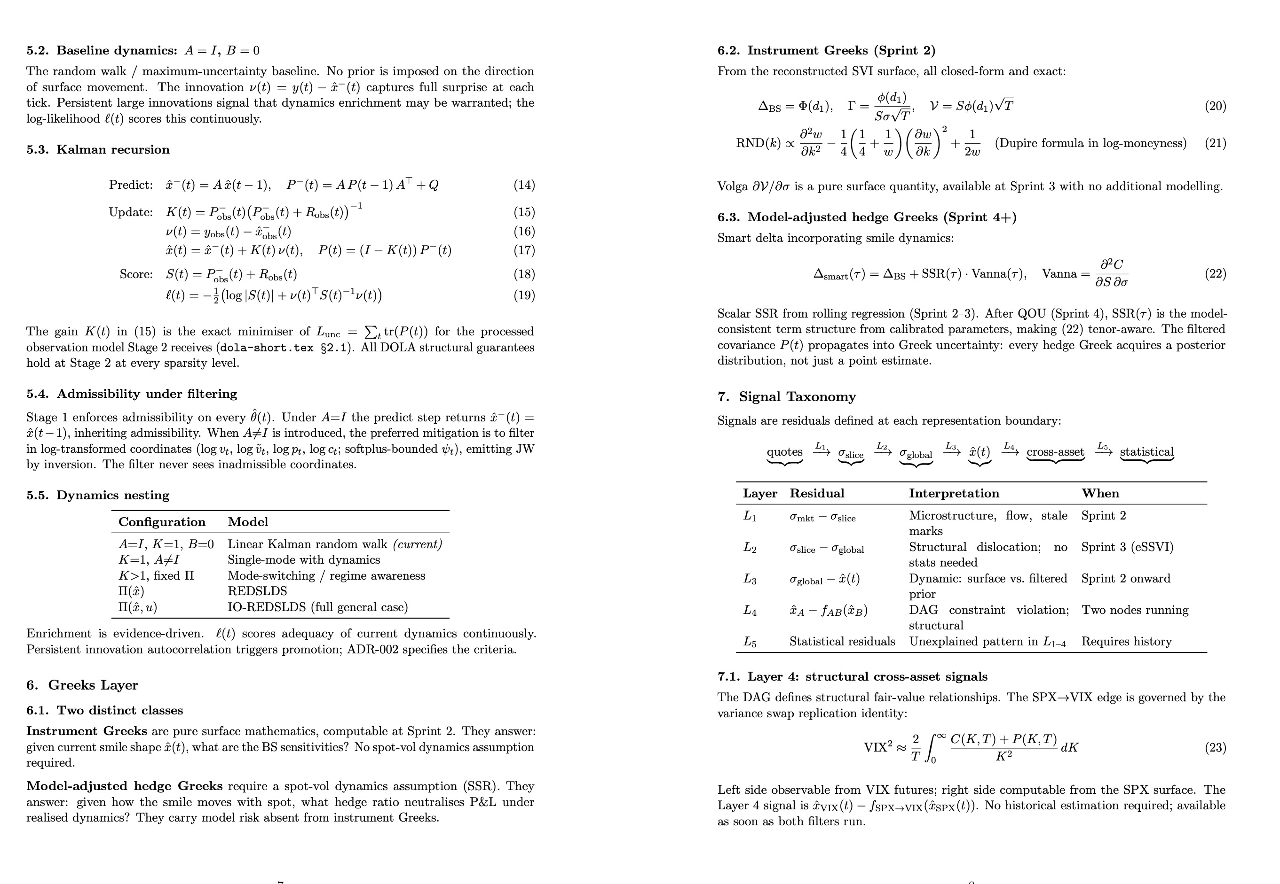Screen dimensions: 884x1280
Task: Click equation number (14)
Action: tap(524, 185)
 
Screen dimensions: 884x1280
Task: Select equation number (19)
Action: tap(524, 295)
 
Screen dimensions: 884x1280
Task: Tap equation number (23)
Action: tap(1215, 747)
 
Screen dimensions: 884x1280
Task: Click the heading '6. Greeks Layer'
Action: tap(82, 685)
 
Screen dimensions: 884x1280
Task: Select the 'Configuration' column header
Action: tap(162, 522)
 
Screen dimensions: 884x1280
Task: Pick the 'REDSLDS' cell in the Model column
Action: tap(257, 591)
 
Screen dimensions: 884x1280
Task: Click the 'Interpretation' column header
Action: tap(954, 494)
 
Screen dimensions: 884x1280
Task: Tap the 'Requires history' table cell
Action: tap(1126, 642)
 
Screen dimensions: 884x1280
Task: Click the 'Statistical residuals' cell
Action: tap(842, 642)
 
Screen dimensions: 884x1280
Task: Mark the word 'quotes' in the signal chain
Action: tap(784, 452)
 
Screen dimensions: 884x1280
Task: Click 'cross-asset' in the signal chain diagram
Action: tap(1055, 452)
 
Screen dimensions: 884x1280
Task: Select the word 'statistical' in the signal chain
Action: tap(1146, 452)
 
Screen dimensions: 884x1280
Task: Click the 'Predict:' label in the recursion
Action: tap(131, 185)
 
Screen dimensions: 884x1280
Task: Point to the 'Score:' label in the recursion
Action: tap(136, 274)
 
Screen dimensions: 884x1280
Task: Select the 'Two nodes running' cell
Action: tap(1135, 610)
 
